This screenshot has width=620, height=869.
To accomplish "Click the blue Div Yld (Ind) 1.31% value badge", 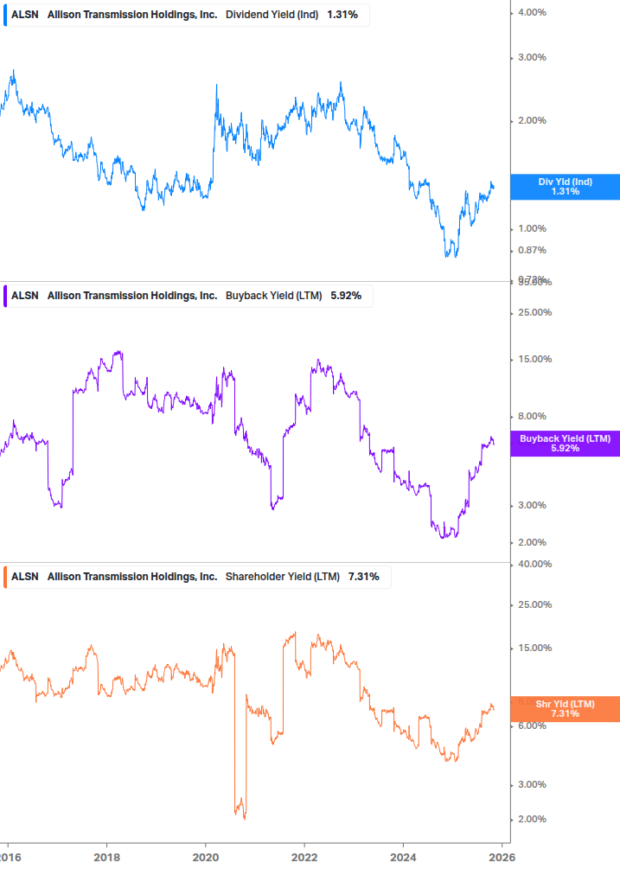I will pyautogui.click(x=565, y=187).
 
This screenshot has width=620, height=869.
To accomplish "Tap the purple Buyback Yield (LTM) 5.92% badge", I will pyautogui.click(x=565, y=444).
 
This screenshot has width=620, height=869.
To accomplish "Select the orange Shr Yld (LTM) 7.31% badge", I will pyautogui.click(x=565, y=709).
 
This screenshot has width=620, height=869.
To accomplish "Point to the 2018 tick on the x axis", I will pyautogui.click(x=106, y=857).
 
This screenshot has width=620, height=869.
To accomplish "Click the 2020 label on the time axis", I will pyautogui.click(x=205, y=857).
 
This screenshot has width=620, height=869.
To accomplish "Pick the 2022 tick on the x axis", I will pyautogui.click(x=304, y=857).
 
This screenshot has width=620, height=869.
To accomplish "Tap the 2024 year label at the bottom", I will pyautogui.click(x=404, y=857).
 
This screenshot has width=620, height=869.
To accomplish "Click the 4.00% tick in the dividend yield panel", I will pyautogui.click(x=531, y=12).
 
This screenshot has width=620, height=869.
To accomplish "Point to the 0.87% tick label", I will pyautogui.click(x=531, y=251).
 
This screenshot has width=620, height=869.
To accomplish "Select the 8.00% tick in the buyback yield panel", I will pyautogui.click(x=531, y=416).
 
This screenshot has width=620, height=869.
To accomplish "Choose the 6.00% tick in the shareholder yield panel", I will pyautogui.click(x=531, y=726).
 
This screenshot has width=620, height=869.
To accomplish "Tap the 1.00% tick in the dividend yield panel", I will pyautogui.click(x=531, y=229).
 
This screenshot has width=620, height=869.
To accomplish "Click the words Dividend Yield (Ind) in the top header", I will pyautogui.click(x=272, y=15).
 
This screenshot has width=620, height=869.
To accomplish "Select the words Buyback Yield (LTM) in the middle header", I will pyautogui.click(x=273, y=296).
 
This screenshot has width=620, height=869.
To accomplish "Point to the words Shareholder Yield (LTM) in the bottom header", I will pyautogui.click(x=283, y=577).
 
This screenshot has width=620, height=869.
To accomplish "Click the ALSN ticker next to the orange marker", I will pyautogui.click(x=25, y=577).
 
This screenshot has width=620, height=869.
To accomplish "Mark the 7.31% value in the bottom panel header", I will pyautogui.click(x=363, y=577).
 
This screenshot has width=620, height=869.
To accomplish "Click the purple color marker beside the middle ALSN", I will pyautogui.click(x=7, y=296).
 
